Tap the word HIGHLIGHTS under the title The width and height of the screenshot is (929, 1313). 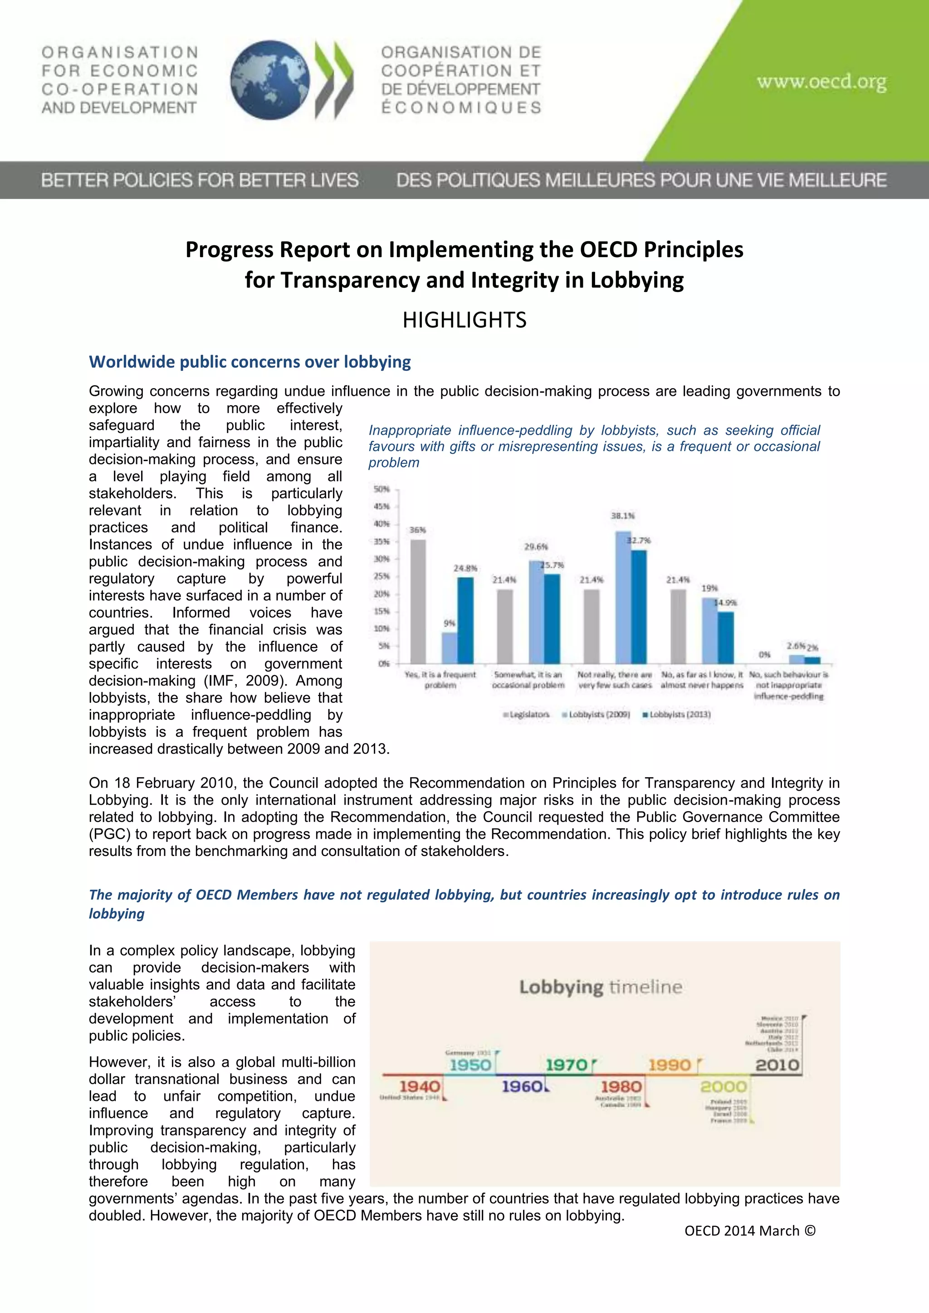click(x=464, y=320)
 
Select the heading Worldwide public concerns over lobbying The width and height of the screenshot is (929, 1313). click(x=250, y=362)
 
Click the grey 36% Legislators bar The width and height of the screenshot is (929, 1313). click(x=418, y=600)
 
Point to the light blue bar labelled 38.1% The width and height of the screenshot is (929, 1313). click(x=623, y=597)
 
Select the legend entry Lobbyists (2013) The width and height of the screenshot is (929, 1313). click(x=677, y=714)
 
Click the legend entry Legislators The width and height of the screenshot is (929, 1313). click(x=526, y=714)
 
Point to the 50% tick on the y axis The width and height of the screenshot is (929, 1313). click(x=381, y=489)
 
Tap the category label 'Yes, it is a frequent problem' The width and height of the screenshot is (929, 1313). click(x=440, y=680)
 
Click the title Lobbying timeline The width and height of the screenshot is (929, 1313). click(x=601, y=987)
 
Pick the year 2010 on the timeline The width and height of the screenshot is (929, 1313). click(x=777, y=1065)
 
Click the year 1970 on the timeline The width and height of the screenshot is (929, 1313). click(x=566, y=1065)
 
